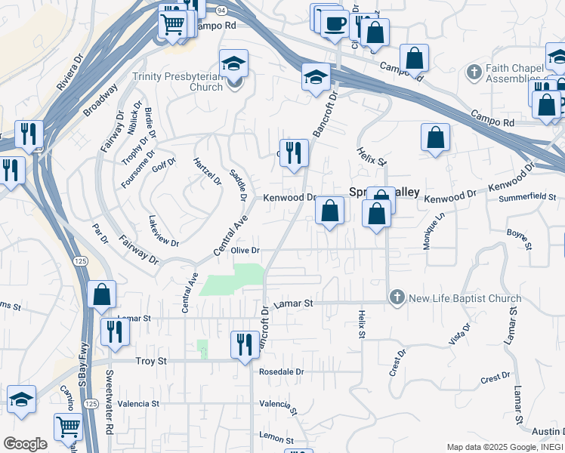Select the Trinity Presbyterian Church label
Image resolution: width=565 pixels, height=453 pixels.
[178, 82]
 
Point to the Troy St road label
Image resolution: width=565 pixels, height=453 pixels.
[151, 362]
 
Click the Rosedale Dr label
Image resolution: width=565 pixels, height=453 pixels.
[280, 372]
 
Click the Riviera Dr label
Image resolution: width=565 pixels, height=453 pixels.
[69, 72]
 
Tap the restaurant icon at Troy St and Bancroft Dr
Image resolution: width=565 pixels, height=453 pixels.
[243, 345]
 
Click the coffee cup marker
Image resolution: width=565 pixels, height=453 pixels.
[334, 21]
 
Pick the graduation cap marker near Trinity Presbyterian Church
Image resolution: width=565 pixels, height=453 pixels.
[233, 64]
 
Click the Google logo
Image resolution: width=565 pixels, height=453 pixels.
[24, 444]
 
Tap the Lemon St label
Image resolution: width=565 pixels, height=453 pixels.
[276, 439]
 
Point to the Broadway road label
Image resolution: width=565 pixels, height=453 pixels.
[100, 100]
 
